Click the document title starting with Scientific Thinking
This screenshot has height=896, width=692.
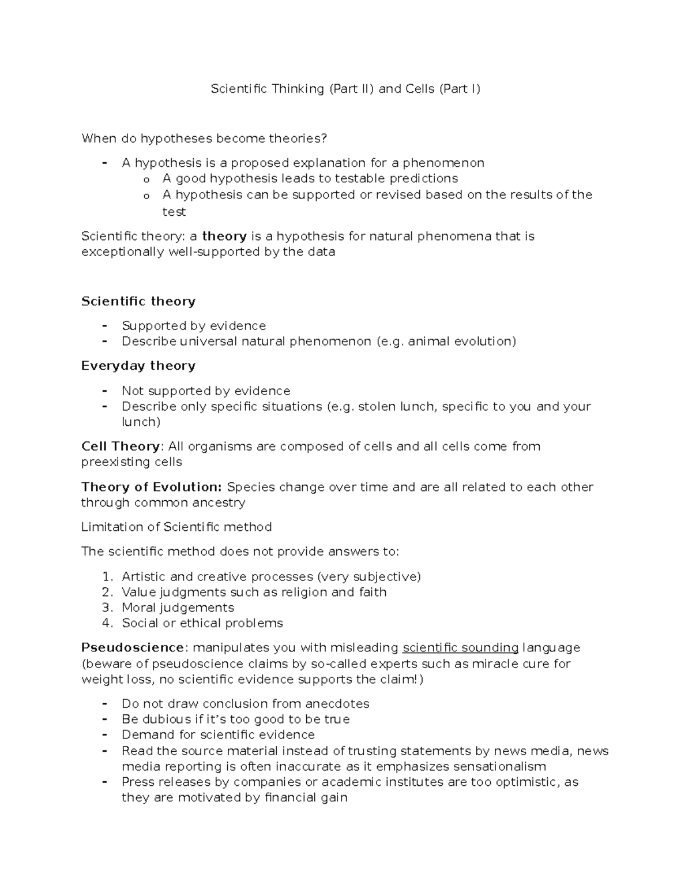345,89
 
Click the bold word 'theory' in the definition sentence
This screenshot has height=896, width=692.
224,236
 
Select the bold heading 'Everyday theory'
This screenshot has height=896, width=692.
138,366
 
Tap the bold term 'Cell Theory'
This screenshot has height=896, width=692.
121,447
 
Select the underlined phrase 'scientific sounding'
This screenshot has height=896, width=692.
460,647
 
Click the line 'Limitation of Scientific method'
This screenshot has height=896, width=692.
176,527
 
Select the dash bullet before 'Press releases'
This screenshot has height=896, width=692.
104,782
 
